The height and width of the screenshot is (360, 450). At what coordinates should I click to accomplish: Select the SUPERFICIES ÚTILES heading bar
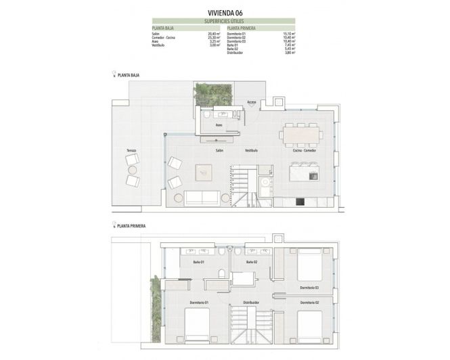tap(224, 22)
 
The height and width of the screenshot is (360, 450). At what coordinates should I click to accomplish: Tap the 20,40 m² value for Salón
tap(196, 33)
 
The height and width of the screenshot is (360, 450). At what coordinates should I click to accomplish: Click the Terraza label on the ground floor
tap(131, 150)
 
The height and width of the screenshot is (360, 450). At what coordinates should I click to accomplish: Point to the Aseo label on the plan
tap(219, 125)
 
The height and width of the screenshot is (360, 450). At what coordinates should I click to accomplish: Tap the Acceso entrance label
tap(251, 102)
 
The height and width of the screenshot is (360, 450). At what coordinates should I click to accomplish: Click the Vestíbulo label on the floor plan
tap(251, 150)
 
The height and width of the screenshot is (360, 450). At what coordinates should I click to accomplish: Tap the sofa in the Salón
tap(202, 198)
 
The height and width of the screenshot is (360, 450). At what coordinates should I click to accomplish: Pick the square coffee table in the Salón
tap(204, 173)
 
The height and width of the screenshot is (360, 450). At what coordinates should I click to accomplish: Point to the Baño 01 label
tap(198, 262)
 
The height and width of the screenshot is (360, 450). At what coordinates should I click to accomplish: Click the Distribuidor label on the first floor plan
tap(251, 302)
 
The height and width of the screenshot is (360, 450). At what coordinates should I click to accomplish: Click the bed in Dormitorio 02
tap(310, 326)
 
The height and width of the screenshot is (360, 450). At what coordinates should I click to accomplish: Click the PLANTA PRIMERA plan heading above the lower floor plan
tap(131, 227)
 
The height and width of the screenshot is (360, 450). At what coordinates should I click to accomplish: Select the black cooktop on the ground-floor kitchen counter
tap(300, 201)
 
